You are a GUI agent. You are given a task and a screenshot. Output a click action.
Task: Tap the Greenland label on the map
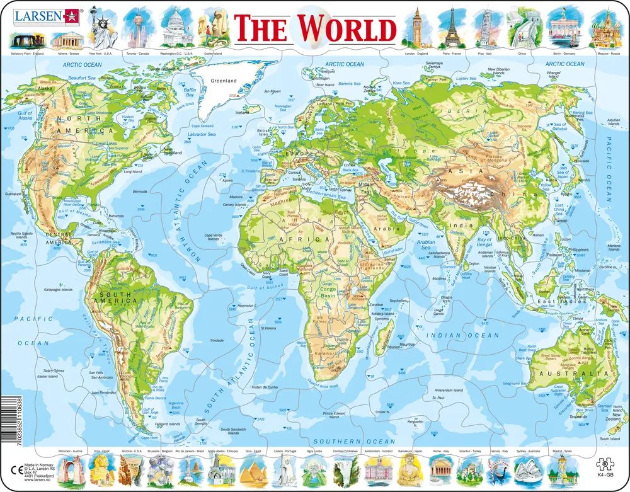224,81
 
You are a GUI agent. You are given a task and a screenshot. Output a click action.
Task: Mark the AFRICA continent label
309,240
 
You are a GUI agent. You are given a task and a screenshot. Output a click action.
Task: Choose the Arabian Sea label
426,244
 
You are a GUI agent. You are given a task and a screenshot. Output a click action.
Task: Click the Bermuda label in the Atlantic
140,191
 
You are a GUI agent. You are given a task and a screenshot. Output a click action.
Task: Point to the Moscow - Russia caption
593,54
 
